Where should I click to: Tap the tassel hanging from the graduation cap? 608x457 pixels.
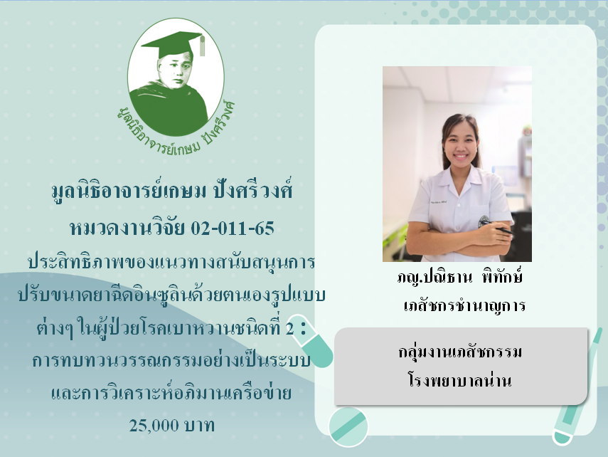pos(202,46)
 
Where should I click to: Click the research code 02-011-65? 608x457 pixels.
pos(233,228)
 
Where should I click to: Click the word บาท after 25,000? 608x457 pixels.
pos(199,426)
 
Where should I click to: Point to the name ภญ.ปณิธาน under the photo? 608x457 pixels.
pos(434,278)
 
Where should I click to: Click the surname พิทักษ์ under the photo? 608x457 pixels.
pos(502,276)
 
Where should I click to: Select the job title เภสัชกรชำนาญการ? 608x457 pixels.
pos(464,305)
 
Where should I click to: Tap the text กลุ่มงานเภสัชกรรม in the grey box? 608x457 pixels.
pos(460,352)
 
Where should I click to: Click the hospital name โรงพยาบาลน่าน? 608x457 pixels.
pos(460,379)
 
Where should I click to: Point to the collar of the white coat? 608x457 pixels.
pos(460,182)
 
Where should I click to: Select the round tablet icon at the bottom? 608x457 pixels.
pos(348,426)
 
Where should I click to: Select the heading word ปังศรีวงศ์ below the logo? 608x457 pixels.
pos(253,190)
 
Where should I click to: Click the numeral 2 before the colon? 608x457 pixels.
pos(289,330)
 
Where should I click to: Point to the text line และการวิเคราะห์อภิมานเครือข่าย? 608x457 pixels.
pos(171,392)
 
